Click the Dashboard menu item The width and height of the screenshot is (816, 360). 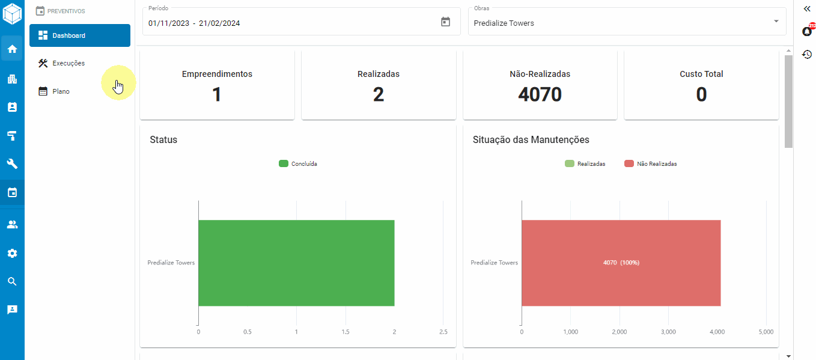(79, 35)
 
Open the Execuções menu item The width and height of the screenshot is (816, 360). (68, 63)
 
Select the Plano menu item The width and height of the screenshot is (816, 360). (61, 91)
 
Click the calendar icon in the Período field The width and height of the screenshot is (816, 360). (445, 22)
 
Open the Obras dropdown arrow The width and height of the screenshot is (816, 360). (776, 21)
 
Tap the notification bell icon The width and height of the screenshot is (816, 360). (807, 31)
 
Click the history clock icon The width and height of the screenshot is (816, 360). (807, 54)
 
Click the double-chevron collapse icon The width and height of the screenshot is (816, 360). (807, 8)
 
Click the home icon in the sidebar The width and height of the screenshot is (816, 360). (12, 49)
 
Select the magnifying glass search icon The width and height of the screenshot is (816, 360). (12, 281)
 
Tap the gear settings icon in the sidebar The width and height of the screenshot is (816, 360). (12, 253)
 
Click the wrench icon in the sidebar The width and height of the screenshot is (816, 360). (12, 163)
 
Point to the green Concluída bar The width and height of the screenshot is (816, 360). (296, 263)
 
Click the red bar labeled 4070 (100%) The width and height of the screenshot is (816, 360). (621, 263)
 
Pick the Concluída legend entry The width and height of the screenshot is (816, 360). (298, 163)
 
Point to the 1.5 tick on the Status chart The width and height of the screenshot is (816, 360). (346, 332)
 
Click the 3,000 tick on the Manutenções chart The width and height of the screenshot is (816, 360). (668, 332)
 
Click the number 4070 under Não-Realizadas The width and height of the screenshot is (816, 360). (540, 94)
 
